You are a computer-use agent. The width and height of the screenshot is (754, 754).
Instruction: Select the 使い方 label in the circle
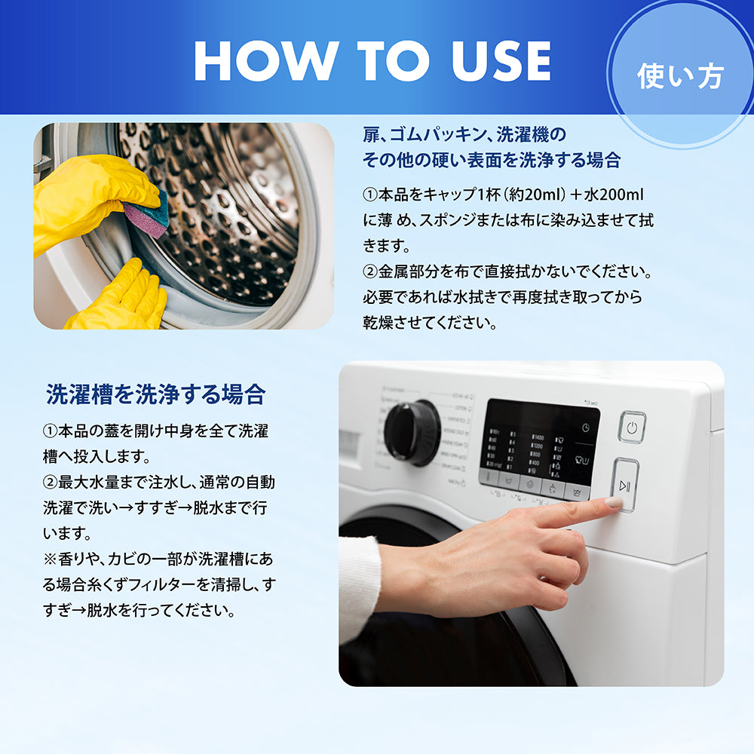pos(680,76)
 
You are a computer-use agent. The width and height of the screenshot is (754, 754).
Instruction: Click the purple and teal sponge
pos(146,214)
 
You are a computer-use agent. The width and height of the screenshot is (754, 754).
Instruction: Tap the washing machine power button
pos(632,427)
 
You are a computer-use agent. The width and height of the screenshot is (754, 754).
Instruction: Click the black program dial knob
pos(412,432)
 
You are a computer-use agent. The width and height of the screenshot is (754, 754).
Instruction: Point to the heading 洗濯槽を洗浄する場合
pos(155,394)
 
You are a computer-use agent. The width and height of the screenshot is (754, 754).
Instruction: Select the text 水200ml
pos(614,195)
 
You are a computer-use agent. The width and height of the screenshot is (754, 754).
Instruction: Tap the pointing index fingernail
pos(614,502)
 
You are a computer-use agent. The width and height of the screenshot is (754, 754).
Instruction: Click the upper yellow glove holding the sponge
pos(91,202)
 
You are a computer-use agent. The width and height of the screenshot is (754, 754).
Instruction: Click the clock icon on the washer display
pos(585,428)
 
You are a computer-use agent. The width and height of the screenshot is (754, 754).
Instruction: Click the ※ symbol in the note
pos(50,559)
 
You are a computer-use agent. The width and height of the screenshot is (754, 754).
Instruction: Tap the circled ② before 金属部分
pos(370,272)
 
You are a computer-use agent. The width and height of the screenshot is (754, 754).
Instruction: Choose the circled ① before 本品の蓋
pos(50,431)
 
